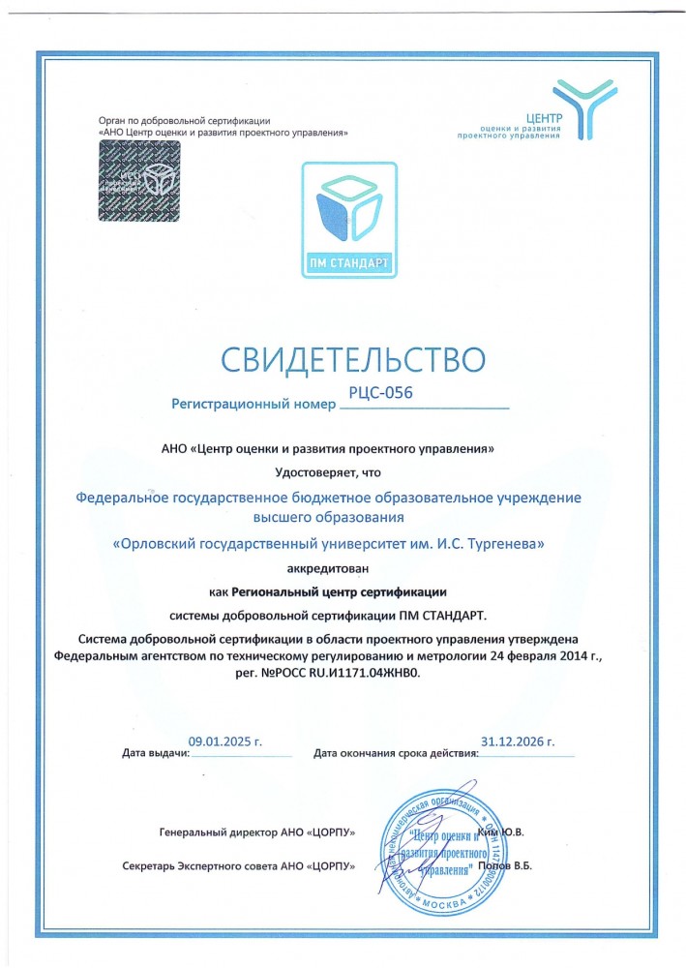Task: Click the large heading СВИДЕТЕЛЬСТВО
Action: [x=352, y=358]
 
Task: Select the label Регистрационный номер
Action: [x=249, y=402]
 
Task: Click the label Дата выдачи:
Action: [x=155, y=752]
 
